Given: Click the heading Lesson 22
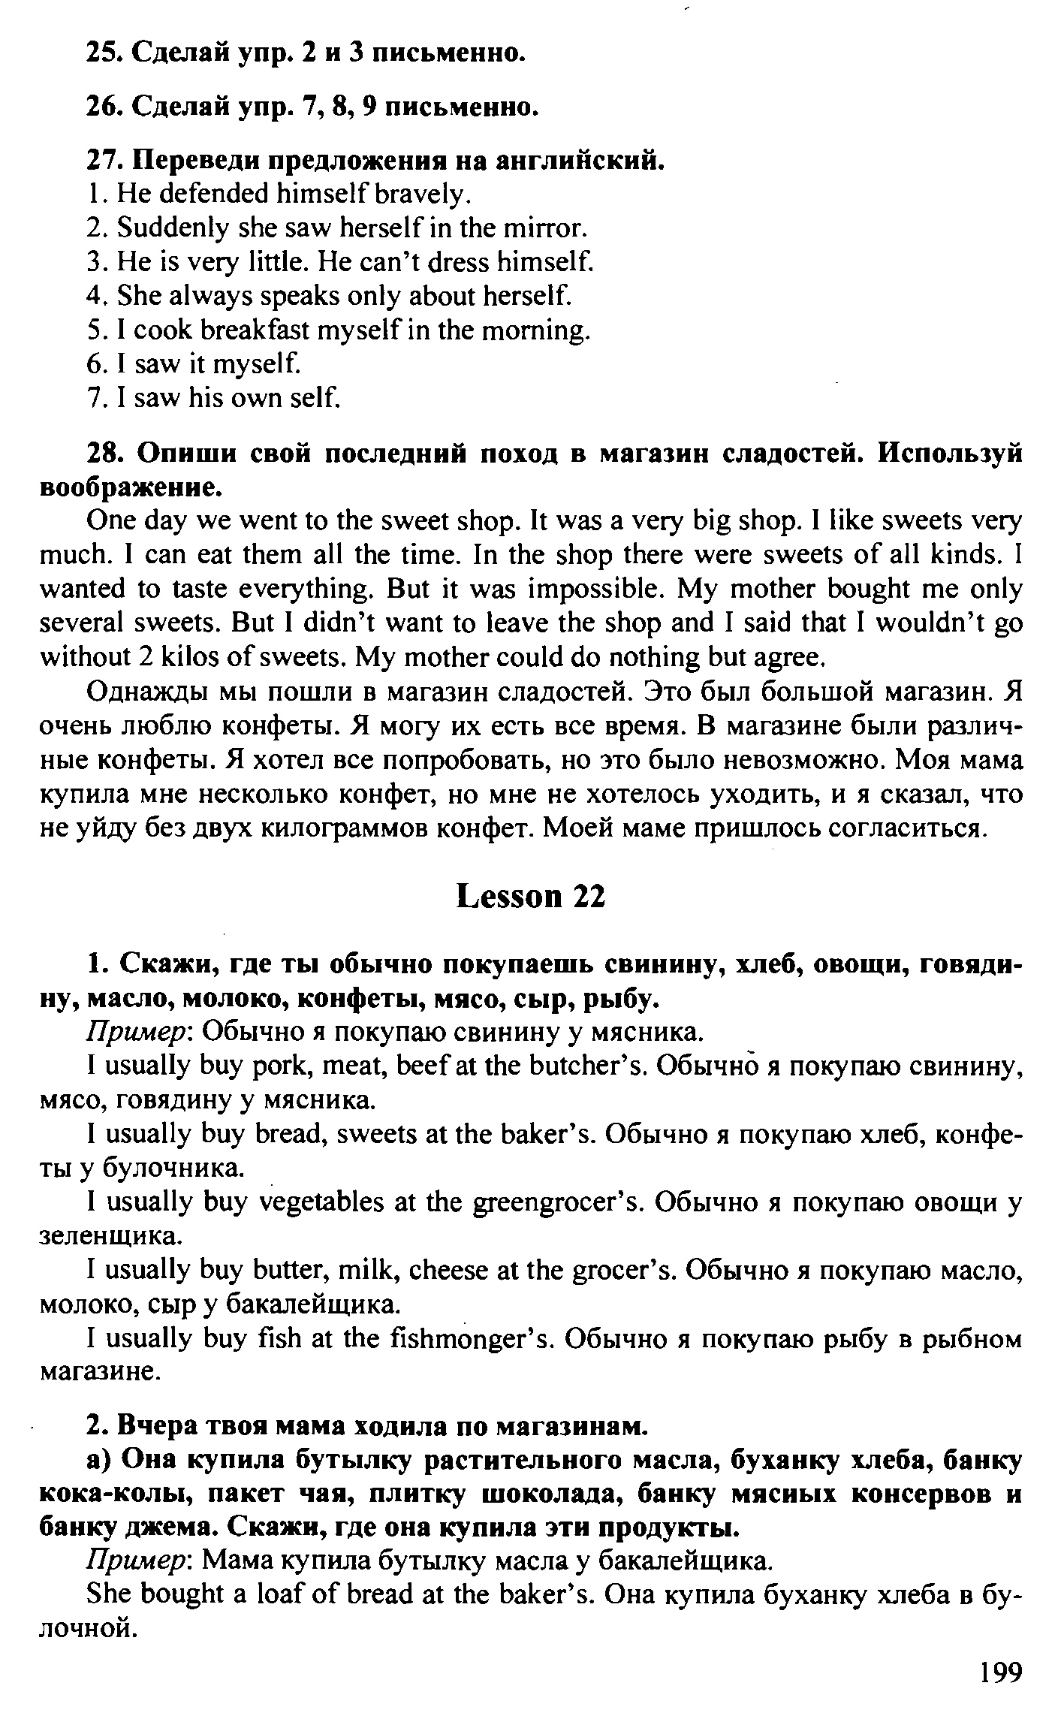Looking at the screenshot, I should (x=530, y=897).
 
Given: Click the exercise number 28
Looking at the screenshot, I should (x=104, y=454).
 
